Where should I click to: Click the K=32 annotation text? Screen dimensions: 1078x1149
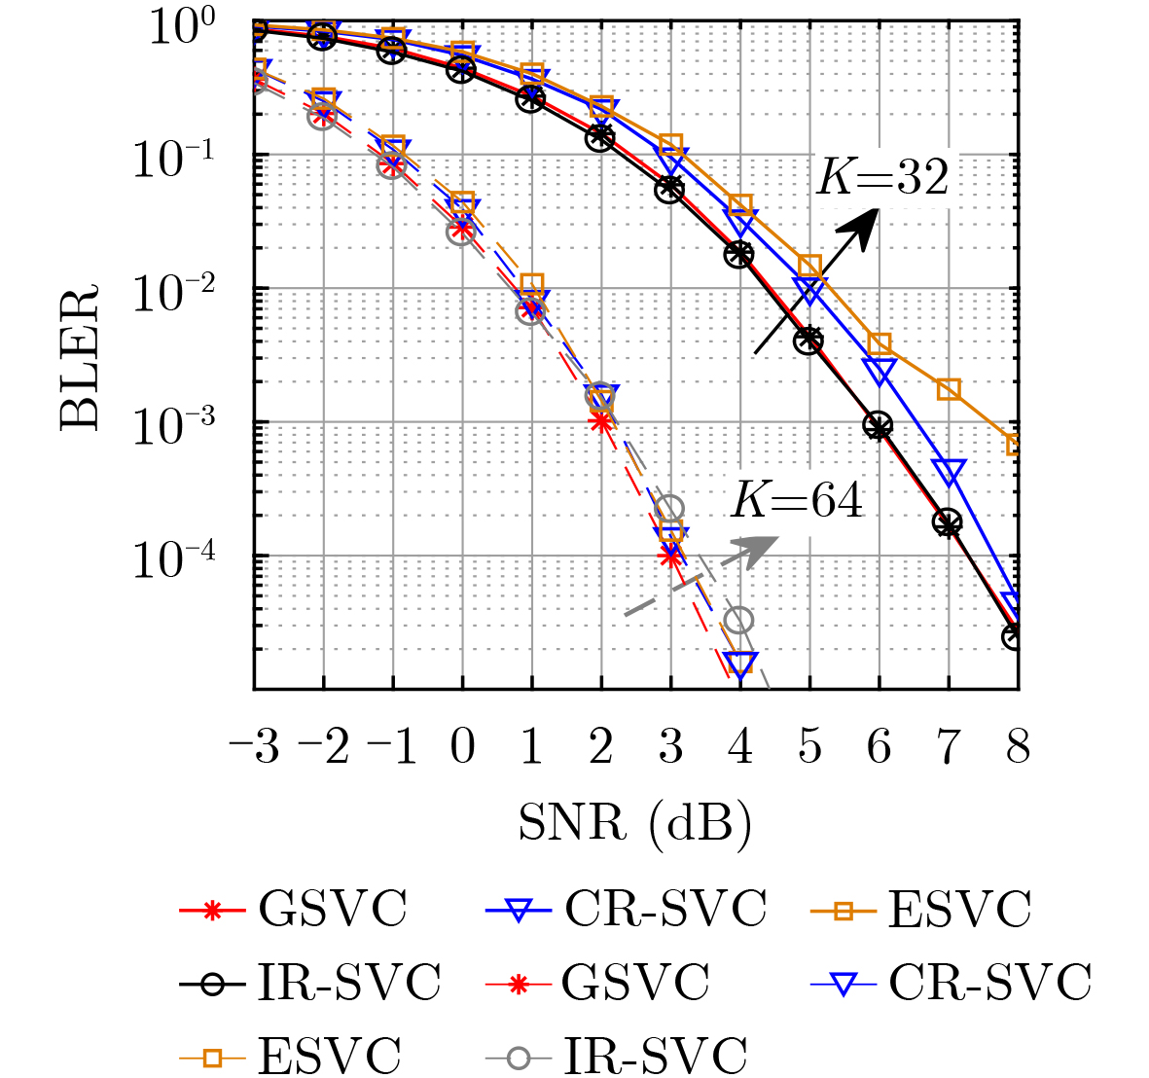tap(881, 178)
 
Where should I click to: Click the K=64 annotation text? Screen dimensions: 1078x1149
tap(797, 500)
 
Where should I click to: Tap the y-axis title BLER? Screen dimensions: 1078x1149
tap(81, 357)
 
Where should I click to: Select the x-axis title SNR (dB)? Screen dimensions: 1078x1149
tap(634, 823)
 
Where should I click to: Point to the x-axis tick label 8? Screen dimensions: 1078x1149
tap(1018, 748)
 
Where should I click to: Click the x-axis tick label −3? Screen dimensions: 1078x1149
tap(254, 748)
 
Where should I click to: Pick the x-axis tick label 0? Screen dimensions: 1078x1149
tap(462, 748)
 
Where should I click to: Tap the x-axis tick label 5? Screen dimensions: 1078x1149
tap(809, 748)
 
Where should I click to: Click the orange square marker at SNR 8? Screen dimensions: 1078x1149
tap(1016, 445)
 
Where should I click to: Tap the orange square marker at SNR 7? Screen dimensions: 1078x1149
tap(949, 389)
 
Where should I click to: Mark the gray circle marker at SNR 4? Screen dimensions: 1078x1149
tap(739, 620)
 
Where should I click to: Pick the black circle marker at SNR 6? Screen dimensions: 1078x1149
tap(879, 425)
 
